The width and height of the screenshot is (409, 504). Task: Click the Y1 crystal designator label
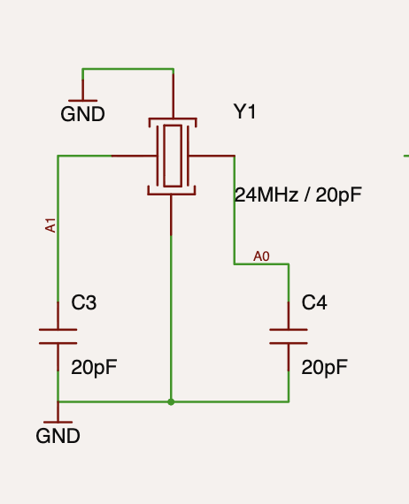click(x=244, y=112)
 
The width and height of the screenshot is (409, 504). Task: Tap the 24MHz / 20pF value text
click(x=298, y=195)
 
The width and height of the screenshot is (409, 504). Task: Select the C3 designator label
click(x=84, y=302)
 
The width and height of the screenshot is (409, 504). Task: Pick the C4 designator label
click(x=314, y=302)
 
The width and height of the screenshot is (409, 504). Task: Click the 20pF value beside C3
click(x=94, y=368)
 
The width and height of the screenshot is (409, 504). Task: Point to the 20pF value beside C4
click(x=324, y=368)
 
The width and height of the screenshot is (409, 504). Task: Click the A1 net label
click(x=50, y=225)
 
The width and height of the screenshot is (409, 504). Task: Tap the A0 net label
click(x=261, y=256)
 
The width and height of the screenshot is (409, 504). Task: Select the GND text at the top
click(x=82, y=114)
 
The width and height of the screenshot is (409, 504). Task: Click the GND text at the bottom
click(x=58, y=436)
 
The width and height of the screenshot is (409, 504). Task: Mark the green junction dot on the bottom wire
click(x=171, y=401)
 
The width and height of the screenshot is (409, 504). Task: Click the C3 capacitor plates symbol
click(x=58, y=337)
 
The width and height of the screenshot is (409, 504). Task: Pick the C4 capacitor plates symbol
click(x=289, y=337)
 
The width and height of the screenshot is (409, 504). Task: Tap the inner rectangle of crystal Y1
click(x=173, y=156)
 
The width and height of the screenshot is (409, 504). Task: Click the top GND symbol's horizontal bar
click(x=82, y=101)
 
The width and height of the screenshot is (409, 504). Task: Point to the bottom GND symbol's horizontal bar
click(x=58, y=422)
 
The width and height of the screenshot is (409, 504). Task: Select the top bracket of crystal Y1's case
click(x=173, y=119)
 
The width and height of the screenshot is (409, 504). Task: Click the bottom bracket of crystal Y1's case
click(x=172, y=194)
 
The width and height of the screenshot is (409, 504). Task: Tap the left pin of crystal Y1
click(x=135, y=156)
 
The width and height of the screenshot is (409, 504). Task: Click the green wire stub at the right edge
click(x=406, y=156)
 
